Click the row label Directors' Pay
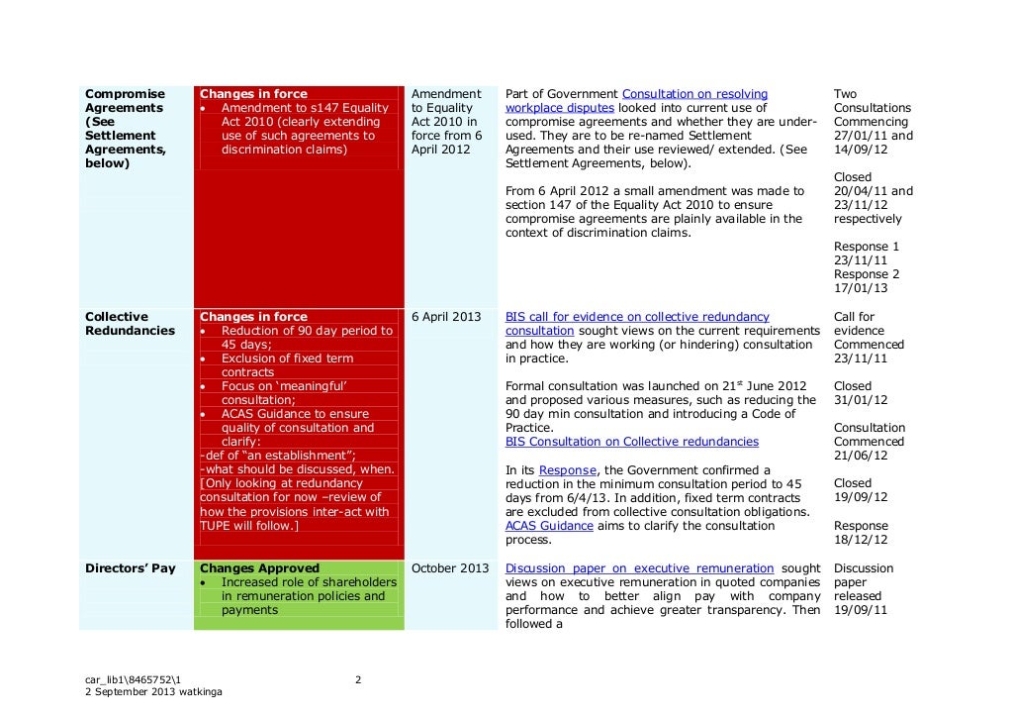pyautogui.click(x=130, y=568)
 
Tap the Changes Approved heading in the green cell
pyautogui.click(x=259, y=568)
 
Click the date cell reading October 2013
pyautogui.click(x=450, y=568)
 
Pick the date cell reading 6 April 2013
pyautogui.click(x=445, y=317)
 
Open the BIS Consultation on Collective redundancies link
pyautogui.click(x=631, y=442)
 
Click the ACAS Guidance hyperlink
pyautogui.click(x=549, y=526)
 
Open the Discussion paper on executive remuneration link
pyautogui.click(x=639, y=568)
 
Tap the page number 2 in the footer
pyautogui.click(x=358, y=679)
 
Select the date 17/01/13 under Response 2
pyautogui.click(x=861, y=288)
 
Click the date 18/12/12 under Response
pyautogui.click(x=861, y=540)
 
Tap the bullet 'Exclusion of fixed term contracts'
pyautogui.click(x=287, y=365)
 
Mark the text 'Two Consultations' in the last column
pyautogui.click(x=872, y=101)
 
